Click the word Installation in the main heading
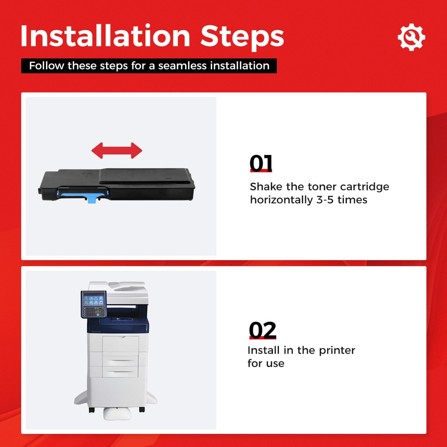click(105, 36)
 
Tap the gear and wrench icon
click(411, 38)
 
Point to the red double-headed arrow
click(117, 151)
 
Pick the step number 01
click(261, 163)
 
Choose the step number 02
click(262, 330)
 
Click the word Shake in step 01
click(266, 187)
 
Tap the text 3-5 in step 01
click(325, 200)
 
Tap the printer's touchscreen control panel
click(93, 304)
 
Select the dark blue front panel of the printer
click(124, 325)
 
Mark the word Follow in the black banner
click(47, 66)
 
